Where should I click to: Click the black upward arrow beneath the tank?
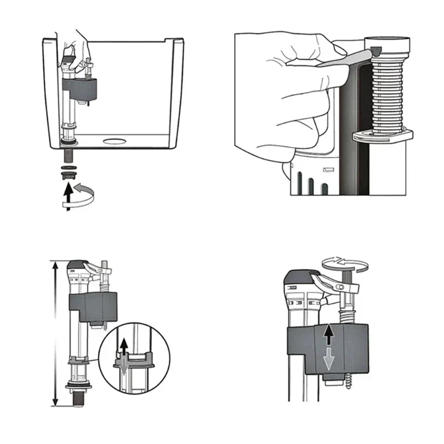coord(68,195)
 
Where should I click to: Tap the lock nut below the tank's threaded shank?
coord(68,174)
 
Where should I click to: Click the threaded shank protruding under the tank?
coord(68,153)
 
